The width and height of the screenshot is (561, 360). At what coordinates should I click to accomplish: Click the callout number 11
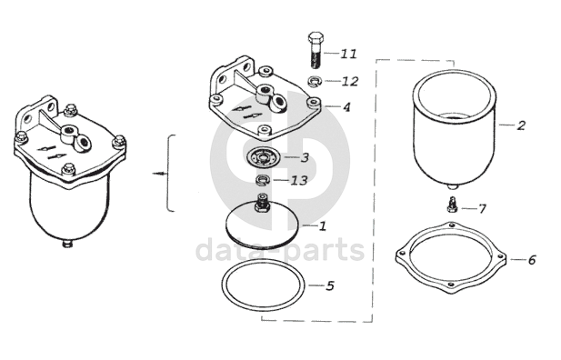(348, 54)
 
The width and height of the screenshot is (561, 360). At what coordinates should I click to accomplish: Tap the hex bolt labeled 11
(316, 50)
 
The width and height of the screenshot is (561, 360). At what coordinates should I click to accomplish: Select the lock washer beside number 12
(314, 81)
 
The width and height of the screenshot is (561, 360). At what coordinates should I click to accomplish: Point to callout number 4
(346, 107)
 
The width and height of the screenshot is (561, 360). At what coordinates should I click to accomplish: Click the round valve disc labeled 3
(265, 156)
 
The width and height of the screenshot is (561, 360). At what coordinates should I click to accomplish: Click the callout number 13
(299, 180)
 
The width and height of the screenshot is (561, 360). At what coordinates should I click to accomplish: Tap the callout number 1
(323, 225)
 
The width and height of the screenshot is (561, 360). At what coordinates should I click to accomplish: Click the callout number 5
(329, 286)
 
